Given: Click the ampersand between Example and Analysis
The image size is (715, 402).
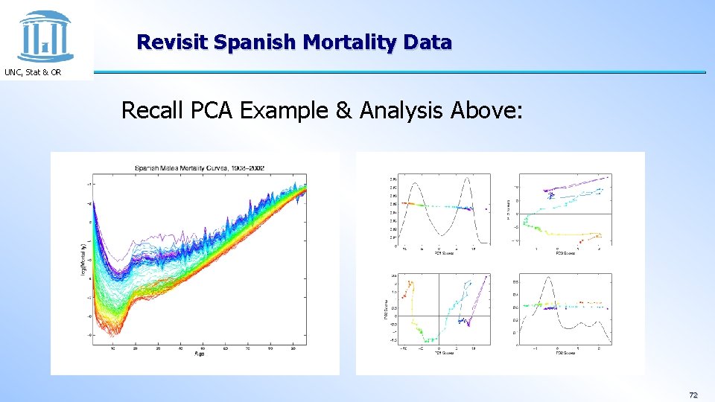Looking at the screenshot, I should coord(343,111).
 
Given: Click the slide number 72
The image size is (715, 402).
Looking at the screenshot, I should coord(693,395).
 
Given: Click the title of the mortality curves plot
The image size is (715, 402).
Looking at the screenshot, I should coord(199,168).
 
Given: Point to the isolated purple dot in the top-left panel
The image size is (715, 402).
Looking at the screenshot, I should coord(486,209).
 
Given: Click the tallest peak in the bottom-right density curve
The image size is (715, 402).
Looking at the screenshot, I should coord(548,278).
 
